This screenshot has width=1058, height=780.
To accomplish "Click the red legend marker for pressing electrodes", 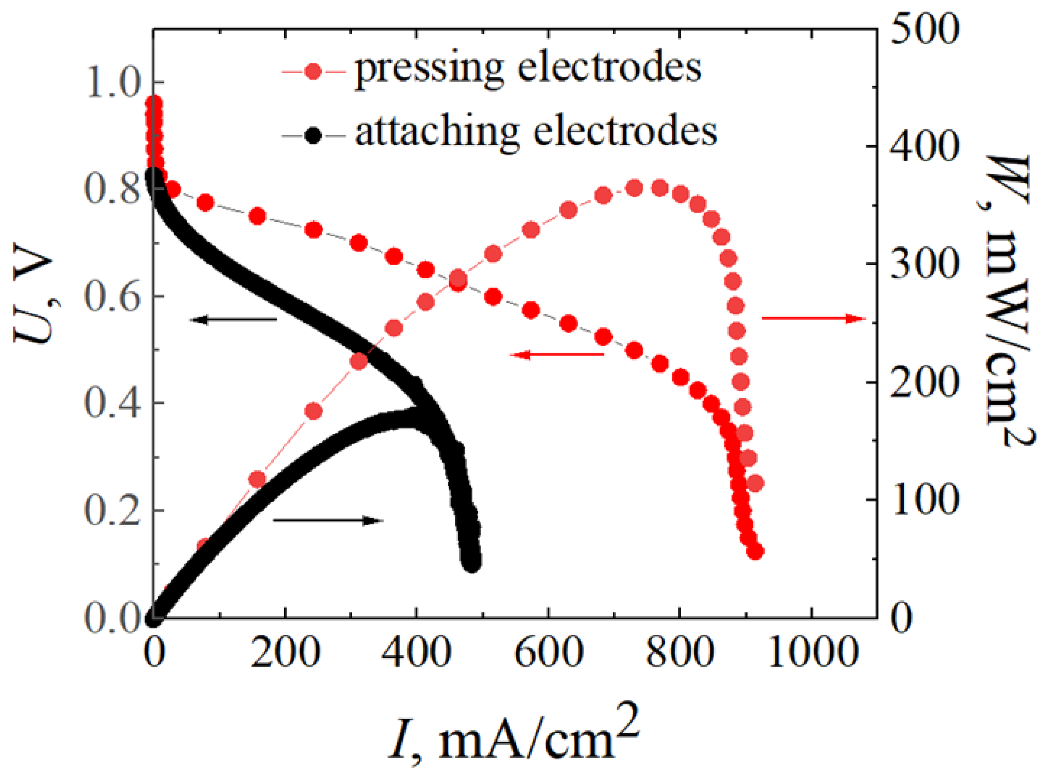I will pos(313,71).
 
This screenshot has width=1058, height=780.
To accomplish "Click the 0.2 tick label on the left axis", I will pos(112,512).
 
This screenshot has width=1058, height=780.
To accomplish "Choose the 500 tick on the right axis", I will pos(925,31).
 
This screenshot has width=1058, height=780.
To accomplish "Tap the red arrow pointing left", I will pos(557,354).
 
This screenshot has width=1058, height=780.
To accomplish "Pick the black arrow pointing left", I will pos(234,320).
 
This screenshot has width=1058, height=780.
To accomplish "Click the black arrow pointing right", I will pos(328,521).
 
